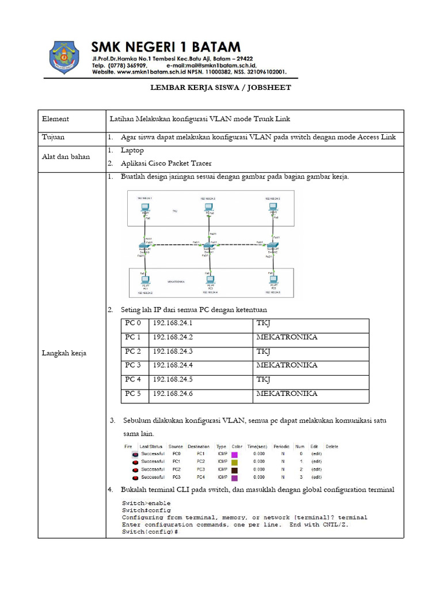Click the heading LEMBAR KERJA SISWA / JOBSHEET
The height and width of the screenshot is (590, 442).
220,88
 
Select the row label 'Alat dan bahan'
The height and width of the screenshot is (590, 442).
66,157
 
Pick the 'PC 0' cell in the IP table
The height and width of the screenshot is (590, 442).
133,323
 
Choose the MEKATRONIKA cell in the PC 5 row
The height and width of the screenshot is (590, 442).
287,394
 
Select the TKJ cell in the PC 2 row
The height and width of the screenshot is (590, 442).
263,351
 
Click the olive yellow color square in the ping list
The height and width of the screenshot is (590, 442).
234,462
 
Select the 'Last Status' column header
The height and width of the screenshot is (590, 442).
151,447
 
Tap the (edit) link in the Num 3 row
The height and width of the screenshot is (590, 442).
317,477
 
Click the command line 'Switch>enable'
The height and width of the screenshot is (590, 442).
139,503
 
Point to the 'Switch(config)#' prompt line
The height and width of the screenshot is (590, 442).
150,531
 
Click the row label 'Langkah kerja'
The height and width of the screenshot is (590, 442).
64,353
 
